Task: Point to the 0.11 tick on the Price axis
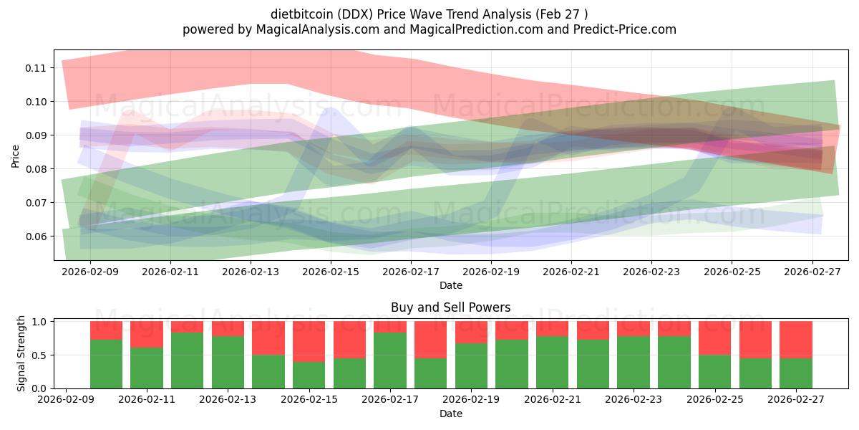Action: (x=37, y=68)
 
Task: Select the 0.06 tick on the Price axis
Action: (x=37, y=236)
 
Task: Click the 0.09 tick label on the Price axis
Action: (x=37, y=135)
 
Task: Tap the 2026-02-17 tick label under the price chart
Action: (x=411, y=272)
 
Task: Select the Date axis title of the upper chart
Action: (x=450, y=285)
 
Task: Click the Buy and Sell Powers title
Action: (x=450, y=307)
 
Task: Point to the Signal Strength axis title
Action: (x=21, y=353)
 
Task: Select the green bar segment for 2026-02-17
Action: (x=390, y=360)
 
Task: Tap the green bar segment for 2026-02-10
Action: (x=106, y=364)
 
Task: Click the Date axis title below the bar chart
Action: (x=450, y=414)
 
